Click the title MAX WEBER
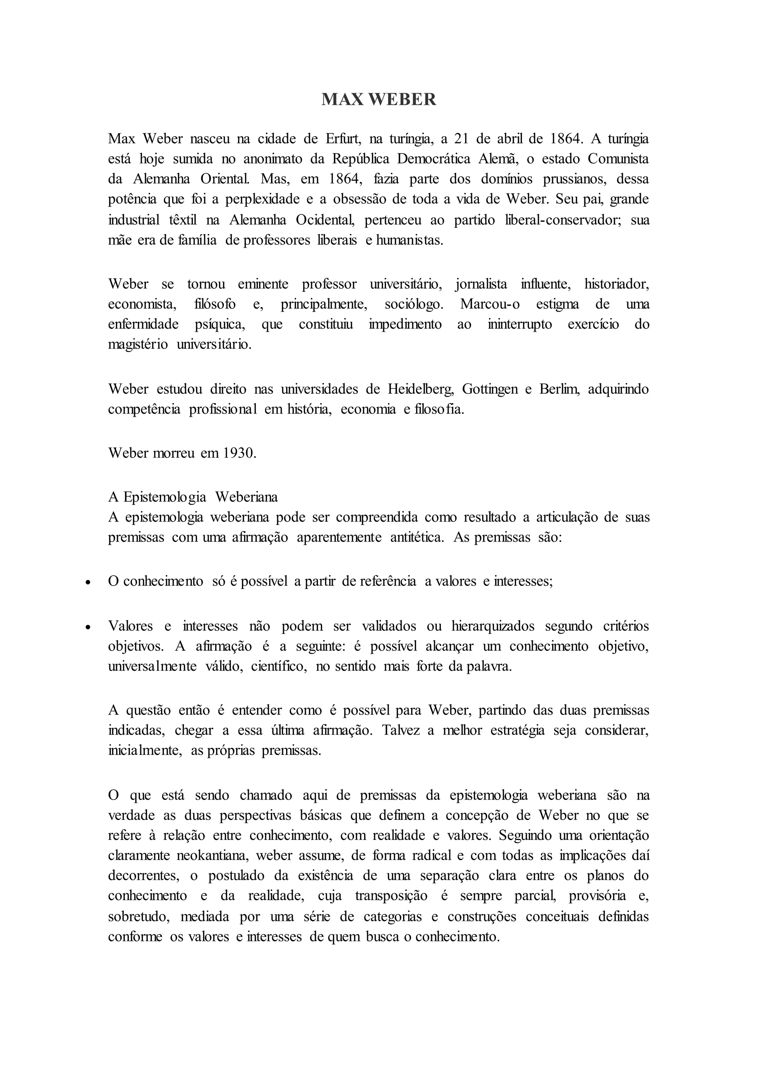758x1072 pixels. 379,100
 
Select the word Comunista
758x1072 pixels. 618,159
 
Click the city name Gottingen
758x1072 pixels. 490,389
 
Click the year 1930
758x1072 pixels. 239,453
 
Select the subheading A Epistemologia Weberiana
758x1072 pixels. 193,497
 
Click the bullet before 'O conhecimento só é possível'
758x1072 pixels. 87,583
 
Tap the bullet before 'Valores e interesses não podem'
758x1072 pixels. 87,627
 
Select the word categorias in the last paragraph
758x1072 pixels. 393,917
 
